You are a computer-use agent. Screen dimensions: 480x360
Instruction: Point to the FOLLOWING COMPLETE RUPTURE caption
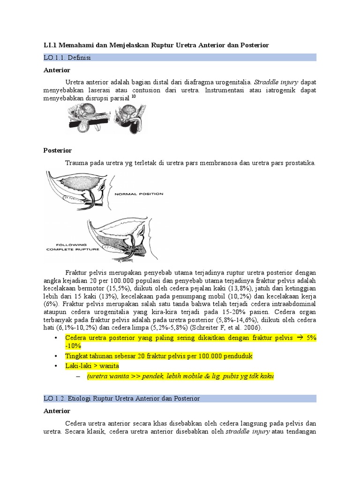tap(73, 247)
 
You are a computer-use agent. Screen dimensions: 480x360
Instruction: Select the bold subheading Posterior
tap(58, 150)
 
